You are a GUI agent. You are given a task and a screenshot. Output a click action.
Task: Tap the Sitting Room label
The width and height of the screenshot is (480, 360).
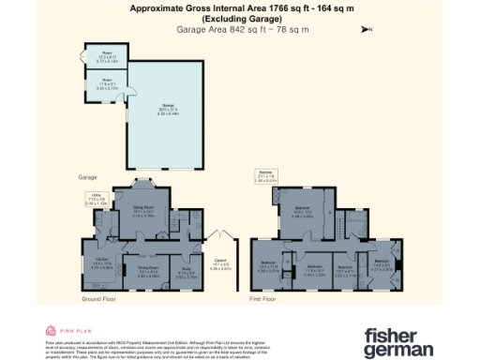coord(142,213)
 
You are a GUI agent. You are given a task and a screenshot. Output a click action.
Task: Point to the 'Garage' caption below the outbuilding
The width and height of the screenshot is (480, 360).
coord(88,176)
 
